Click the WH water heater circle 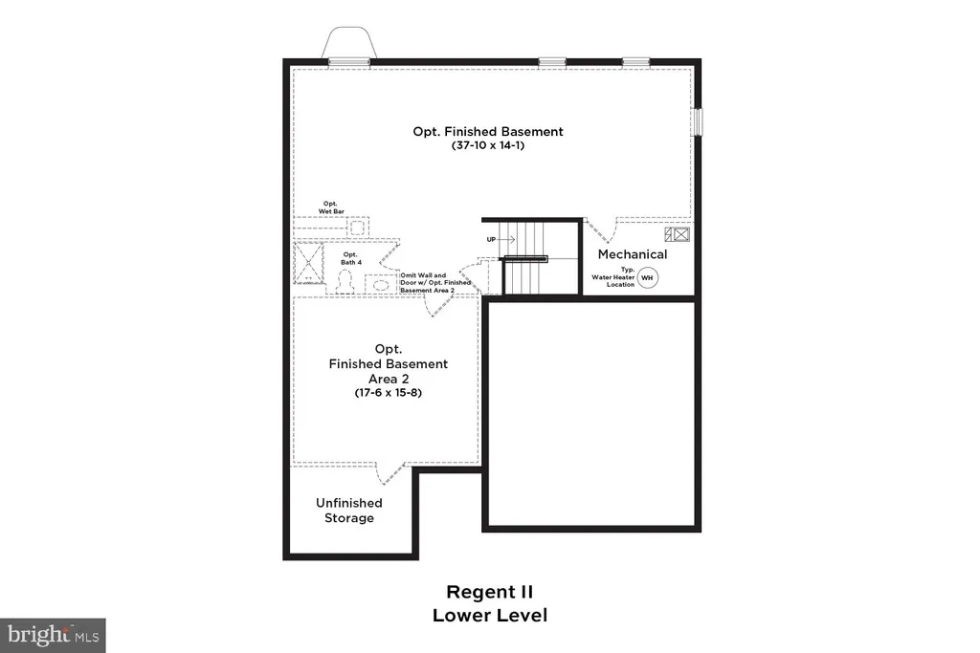point(648,278)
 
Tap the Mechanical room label point(633,254)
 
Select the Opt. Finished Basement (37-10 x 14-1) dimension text point(488,144)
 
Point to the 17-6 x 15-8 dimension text point(389,393)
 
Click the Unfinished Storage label point(348,510)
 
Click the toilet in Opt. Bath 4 point(345,281)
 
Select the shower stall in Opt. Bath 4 point(308,264)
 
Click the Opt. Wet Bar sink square point(357,228)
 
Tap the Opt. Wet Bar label point(331,207)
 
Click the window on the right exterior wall point(698,121)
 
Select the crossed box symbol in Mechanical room point(677,235)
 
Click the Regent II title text point(489,592)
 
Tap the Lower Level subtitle point(490,615)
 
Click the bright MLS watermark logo point(54,636)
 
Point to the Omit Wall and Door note point(435,283)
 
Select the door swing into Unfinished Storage point(390,474)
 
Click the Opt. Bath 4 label point(350,258)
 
